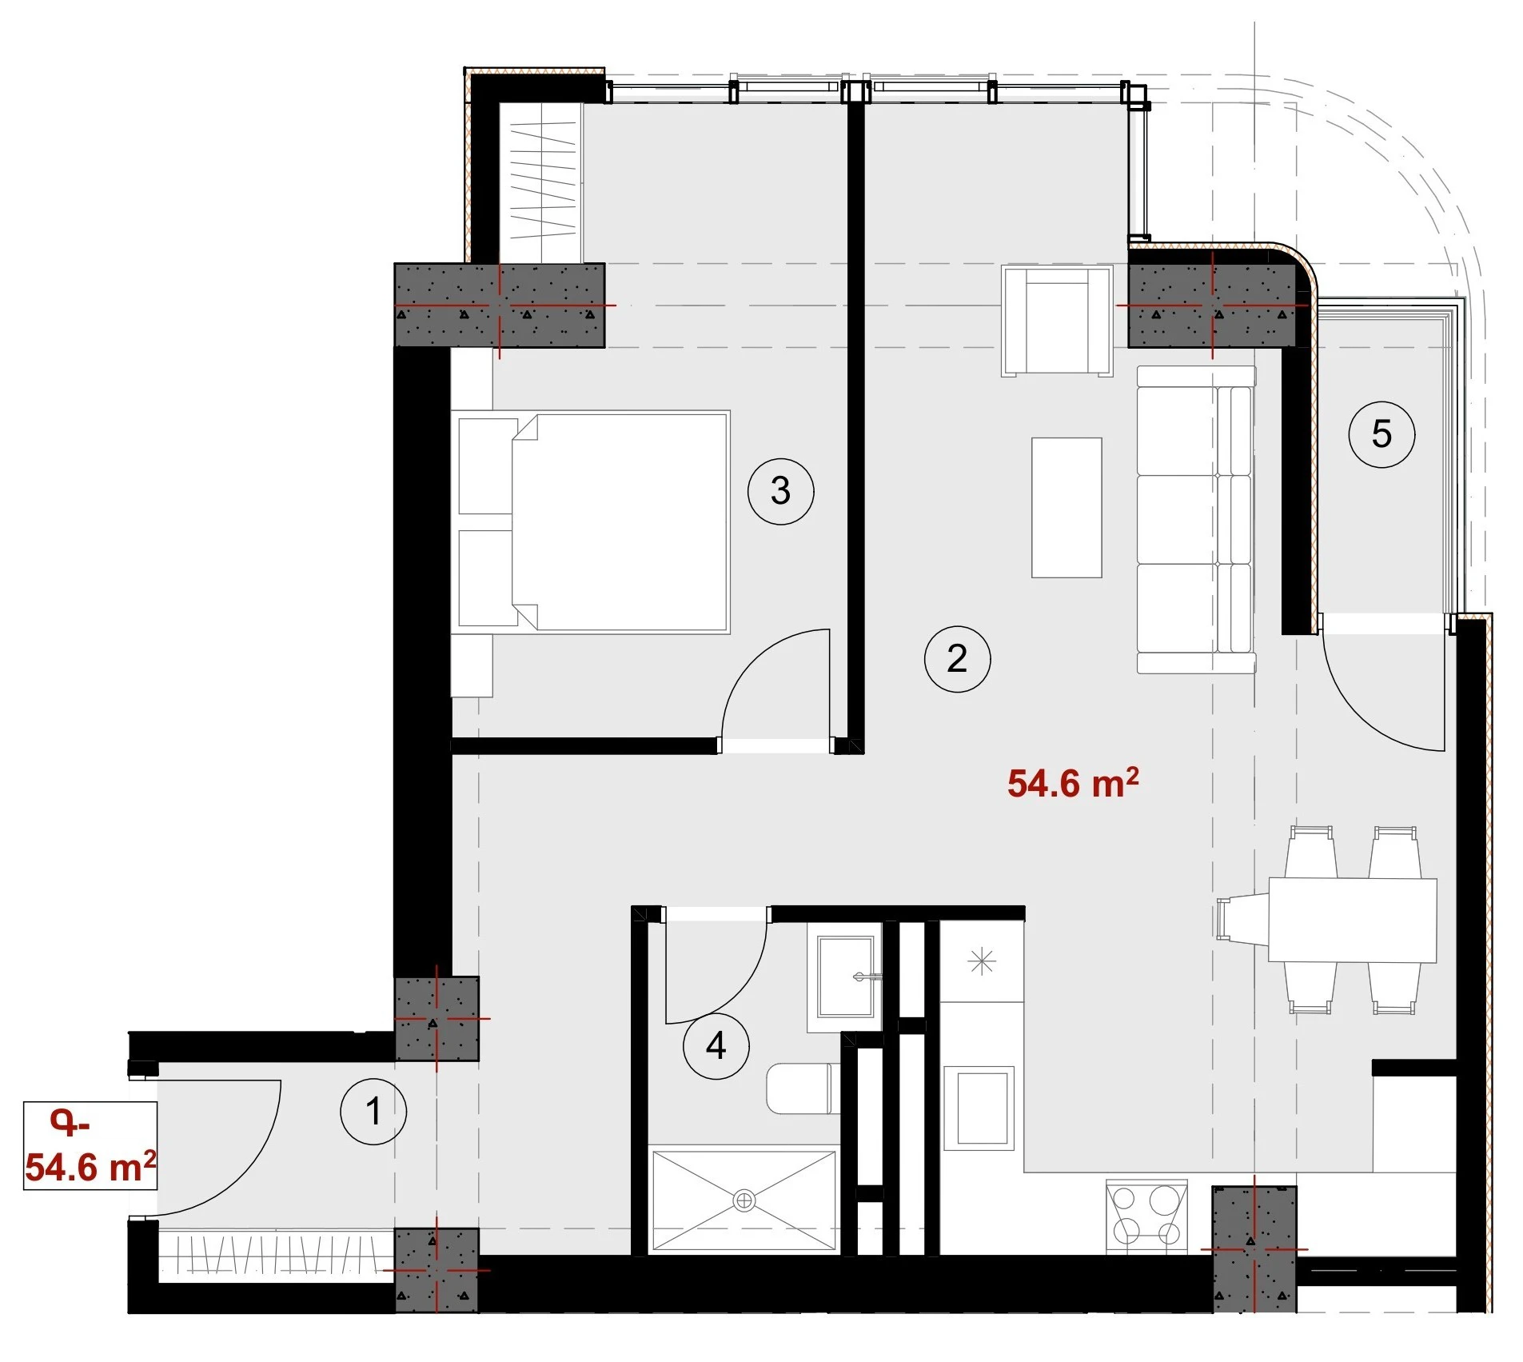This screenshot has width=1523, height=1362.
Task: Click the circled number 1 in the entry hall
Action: [373, 1111]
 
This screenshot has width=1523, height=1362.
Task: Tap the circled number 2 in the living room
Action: [957, 658]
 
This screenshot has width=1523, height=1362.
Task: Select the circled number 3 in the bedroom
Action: [780, 490]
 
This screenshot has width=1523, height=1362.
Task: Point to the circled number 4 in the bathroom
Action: [716, 1045]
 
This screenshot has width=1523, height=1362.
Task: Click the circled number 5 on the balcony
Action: [1381, 433]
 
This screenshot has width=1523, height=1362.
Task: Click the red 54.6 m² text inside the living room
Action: [1073, 783]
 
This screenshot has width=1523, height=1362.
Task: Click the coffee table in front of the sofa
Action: [1066, 507]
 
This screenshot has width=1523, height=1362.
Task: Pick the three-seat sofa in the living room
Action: [1196, 519]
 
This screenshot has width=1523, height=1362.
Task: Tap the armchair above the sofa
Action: [1057, 321]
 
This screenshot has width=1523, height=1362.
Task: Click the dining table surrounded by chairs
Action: [1353, 920]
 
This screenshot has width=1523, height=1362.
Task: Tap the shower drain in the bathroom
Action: [744, 1200]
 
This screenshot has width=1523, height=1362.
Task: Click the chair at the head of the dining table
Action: [1242, 920]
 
